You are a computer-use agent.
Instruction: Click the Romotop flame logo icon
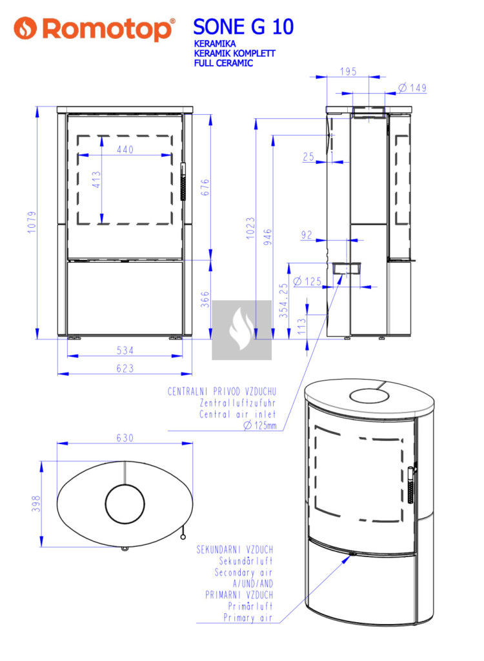25,28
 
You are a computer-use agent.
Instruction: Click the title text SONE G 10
243,27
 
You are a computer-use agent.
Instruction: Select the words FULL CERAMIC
223,63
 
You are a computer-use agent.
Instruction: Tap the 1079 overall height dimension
32,222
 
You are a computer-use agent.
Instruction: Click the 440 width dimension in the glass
125,149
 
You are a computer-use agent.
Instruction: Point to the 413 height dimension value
97,179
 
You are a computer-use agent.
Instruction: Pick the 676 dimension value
205,187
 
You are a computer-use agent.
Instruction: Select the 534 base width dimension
125,351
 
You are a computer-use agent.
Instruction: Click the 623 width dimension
125,368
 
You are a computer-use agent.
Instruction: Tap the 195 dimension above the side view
348,72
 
